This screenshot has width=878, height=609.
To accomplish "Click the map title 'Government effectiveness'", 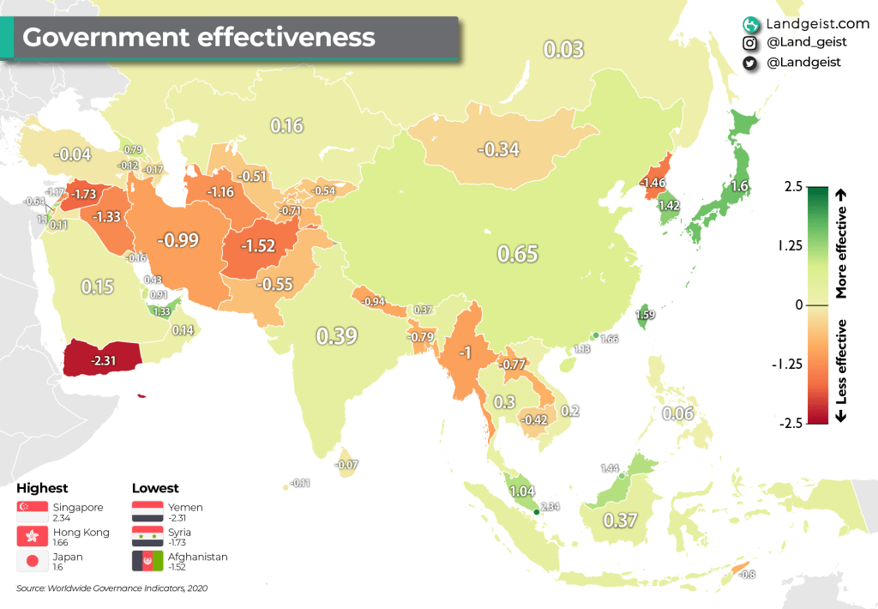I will (x=198, y=38).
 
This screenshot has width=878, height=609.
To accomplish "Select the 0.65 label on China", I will (x=517, y=253).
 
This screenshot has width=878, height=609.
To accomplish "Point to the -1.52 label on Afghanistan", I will (x=257, y=246).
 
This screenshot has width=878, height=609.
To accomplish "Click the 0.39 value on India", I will (x=336, y=336).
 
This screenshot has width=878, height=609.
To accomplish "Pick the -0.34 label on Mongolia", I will (x=498, y=149).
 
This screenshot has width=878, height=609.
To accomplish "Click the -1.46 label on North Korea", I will (x=654, y=183).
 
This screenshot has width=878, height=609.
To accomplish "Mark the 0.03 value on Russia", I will (x=564, y=49).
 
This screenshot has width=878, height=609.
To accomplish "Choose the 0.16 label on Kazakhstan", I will (x=287, y=126).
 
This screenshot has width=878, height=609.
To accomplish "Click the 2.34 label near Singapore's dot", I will (x=550, y=507).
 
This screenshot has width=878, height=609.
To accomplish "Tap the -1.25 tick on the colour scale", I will (x=786, y=364).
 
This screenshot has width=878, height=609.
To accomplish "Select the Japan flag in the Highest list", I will (x=33, y=562).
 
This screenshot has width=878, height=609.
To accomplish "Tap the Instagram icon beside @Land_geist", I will (x=750, y=43).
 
